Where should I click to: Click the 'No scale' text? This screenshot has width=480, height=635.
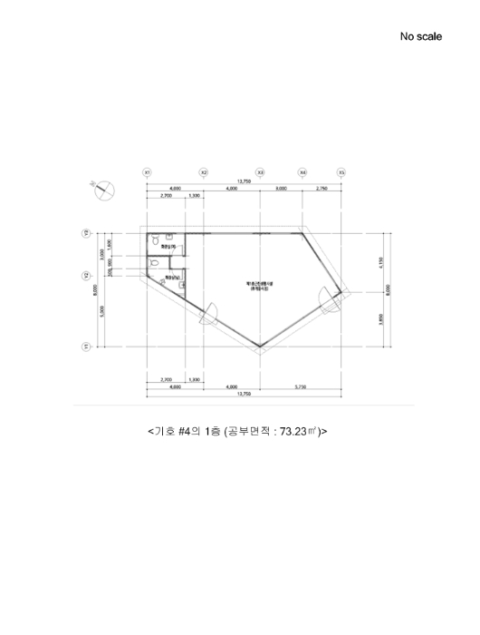click(421, 37)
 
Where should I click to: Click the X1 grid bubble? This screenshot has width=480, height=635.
click(147, 171)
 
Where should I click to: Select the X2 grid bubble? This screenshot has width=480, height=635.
click(204, 171)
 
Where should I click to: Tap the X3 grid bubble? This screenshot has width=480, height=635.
click(261, 171)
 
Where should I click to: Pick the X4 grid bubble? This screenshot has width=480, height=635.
click(302, 171)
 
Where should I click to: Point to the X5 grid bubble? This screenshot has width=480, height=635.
click(341, 171)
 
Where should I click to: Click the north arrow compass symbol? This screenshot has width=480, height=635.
click(106, 190)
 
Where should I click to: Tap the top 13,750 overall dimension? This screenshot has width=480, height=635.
click(244, 181)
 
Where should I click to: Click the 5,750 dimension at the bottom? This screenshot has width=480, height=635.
click(302, 386)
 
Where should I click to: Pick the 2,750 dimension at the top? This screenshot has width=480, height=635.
click(322, 188)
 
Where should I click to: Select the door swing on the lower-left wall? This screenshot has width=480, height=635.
click(208, 315)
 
